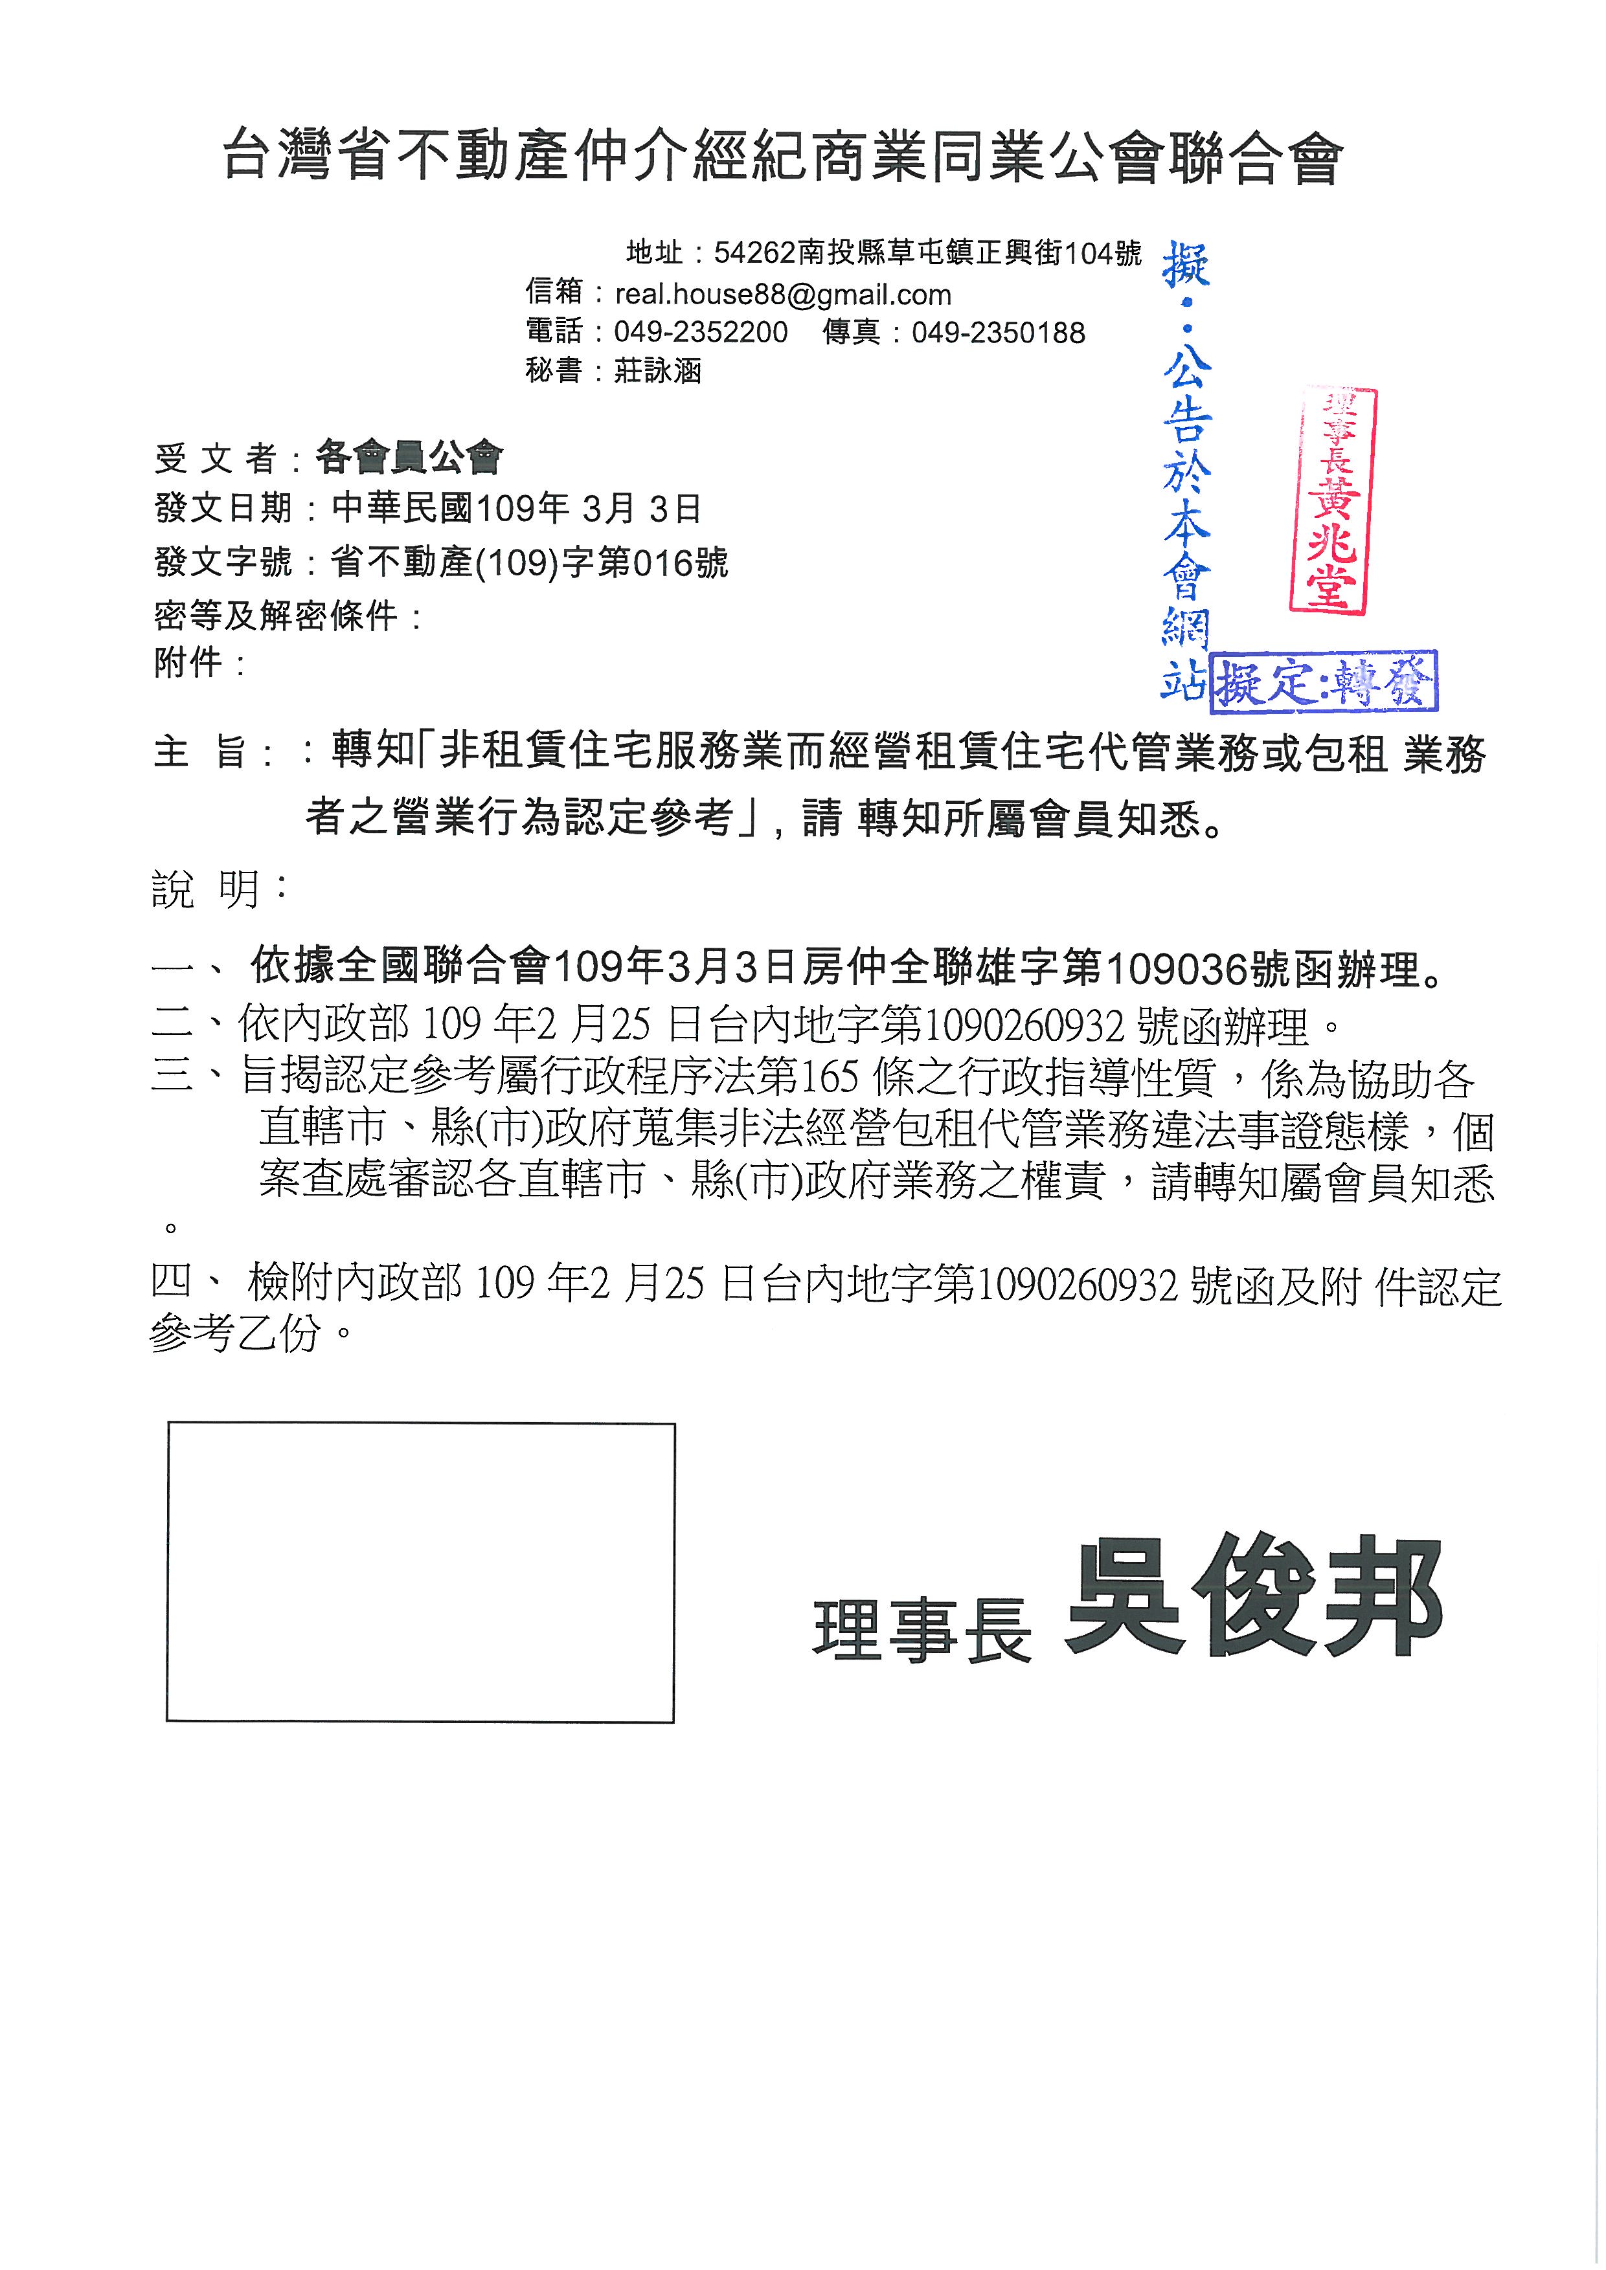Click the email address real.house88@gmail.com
pos(782,295)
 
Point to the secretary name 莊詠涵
pos(658,371)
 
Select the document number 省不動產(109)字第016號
pos(529,562)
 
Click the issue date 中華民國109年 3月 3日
pos(516,509)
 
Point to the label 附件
pos(188,662)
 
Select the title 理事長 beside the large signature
pos(922,1630)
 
